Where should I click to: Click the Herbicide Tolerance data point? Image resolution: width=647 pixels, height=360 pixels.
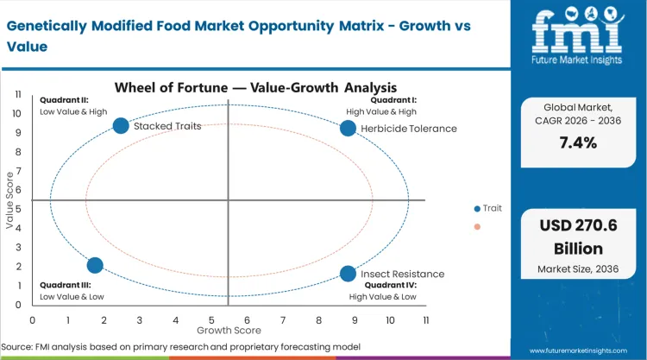[348, 128]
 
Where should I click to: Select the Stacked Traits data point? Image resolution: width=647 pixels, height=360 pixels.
[121, 126]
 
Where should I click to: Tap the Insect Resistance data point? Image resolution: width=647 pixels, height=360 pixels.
[348, 274]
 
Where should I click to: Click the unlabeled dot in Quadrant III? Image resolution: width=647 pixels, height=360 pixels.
[95, 265]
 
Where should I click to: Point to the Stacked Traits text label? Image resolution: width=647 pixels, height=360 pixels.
[167, 126]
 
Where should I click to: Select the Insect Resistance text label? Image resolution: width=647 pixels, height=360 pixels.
[402, 275]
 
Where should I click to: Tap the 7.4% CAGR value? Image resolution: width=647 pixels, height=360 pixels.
[577, 142]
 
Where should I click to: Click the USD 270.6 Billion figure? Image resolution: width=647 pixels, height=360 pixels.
[577, 240]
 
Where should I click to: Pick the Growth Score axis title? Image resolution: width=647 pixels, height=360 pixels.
[228, 330]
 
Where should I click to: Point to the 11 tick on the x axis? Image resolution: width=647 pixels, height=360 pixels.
[426, 319]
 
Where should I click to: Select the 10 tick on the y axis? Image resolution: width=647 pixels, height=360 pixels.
[17, 113]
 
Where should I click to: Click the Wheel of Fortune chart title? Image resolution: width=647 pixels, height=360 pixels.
[255, 86]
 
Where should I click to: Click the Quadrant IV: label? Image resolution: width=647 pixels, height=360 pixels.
[390, 285]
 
